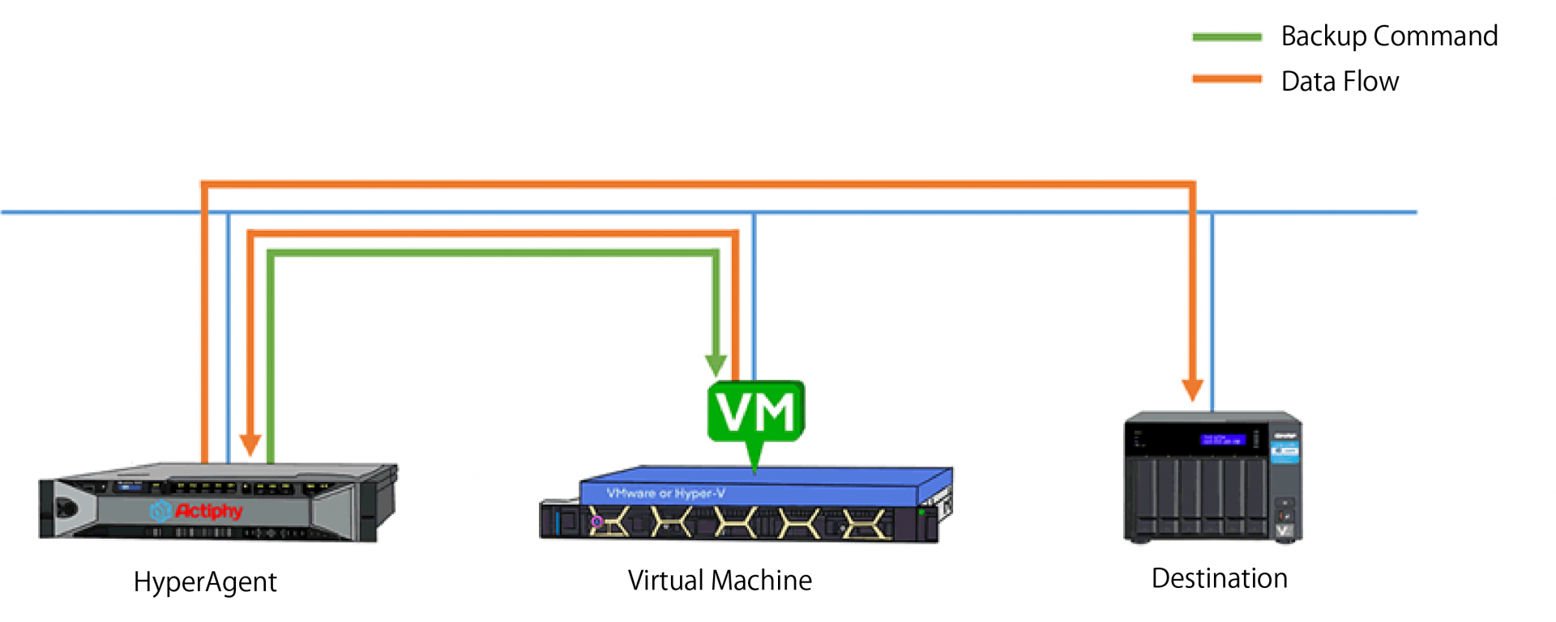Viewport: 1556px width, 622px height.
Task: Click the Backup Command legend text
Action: (1389, 36)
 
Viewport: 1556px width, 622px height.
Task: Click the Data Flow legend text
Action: (1340, 82)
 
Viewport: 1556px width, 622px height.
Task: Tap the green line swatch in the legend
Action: (1227, 37)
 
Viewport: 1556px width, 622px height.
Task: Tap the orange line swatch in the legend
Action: (1227, 79)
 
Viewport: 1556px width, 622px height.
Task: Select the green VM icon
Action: (756, 412)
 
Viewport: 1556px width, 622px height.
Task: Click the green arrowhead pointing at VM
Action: (716, 365)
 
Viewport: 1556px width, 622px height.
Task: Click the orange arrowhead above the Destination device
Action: (1192, 390)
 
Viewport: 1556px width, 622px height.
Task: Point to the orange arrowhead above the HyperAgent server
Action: (250, 445)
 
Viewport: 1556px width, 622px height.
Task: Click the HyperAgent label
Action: (205, 582)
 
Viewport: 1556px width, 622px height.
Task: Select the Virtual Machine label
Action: (720, 581)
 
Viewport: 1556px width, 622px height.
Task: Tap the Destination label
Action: (1219, 579)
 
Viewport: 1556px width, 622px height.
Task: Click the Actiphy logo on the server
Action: (197, 511)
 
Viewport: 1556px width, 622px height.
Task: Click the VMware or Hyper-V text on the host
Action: (665, 492)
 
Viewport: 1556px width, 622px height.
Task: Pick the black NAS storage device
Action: (1212, 478)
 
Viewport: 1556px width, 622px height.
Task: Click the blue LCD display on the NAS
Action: (1223, 440)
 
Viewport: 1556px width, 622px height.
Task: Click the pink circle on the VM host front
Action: (596, 522)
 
